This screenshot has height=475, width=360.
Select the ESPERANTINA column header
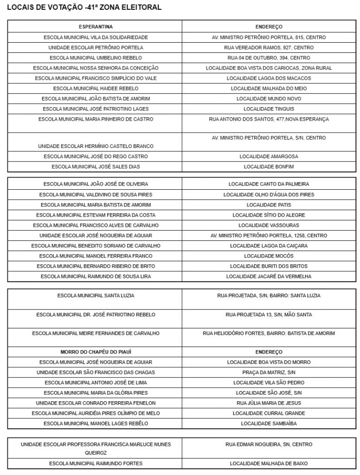[96, 27]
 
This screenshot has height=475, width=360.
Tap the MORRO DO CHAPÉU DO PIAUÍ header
[96, 352]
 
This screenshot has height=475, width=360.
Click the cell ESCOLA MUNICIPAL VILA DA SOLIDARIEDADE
[96, 37]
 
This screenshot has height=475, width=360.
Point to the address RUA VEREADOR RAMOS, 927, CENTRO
[269, 47]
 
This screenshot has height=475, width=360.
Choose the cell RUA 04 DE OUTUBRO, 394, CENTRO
[269, 58]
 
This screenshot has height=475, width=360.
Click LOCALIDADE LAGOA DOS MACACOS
[269, 78]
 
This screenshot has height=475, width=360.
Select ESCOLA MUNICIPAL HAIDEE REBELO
[96, 88]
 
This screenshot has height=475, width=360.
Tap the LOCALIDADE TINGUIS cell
[269, 109]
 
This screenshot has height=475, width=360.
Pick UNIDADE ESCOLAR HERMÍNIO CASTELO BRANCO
[96, 146]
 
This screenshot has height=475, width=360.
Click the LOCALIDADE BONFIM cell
[269, 167]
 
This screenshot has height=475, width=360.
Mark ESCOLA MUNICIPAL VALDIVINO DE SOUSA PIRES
[96, 194]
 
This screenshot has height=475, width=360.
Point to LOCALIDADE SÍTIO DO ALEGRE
[269, 215]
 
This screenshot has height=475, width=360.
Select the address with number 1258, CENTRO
[269, 235]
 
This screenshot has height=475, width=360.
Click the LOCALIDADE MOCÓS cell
[269, 256]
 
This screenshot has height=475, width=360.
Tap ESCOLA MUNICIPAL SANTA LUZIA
[96, 295]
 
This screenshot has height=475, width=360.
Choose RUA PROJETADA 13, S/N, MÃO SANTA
[269, 315]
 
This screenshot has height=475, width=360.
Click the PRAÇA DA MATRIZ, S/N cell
[269, 372]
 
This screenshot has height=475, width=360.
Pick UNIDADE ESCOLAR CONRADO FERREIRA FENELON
[96, 403]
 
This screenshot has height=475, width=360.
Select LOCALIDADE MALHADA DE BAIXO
[269, 463]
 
